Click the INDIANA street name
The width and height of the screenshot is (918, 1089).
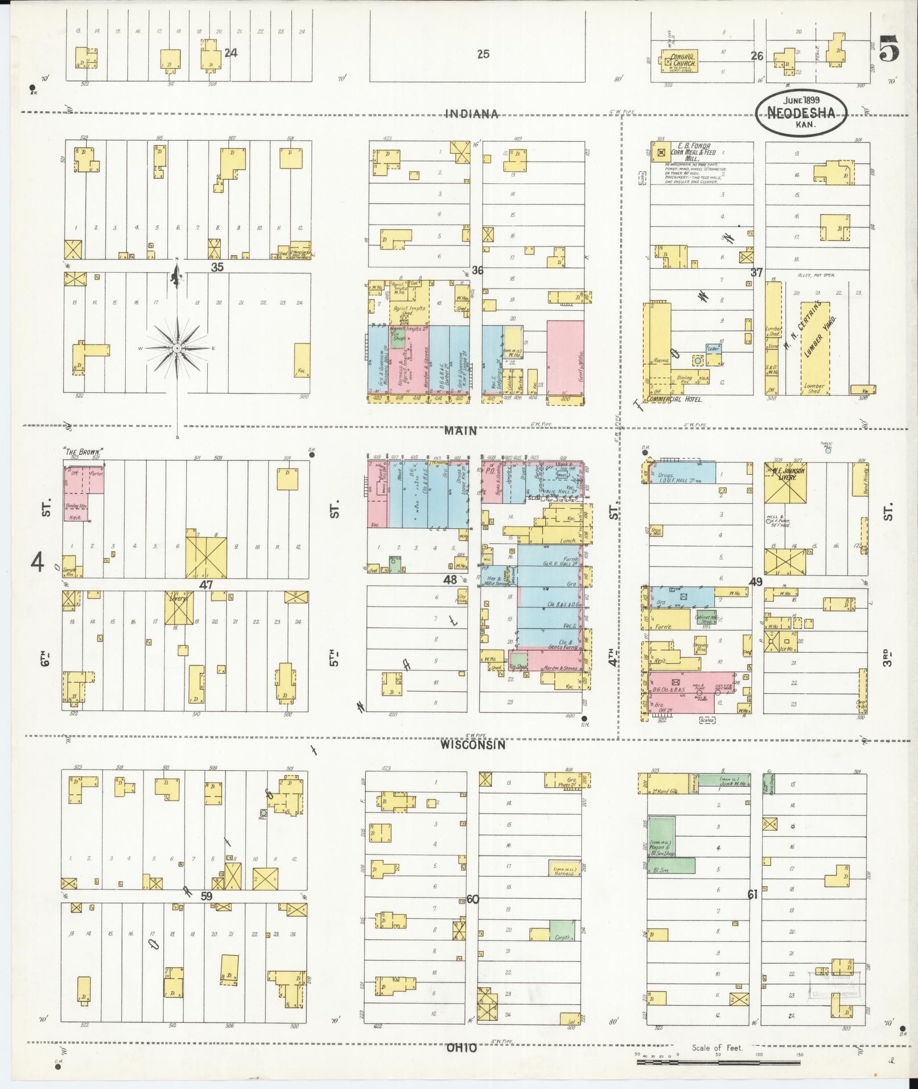[471, 114]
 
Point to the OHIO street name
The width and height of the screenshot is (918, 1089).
[461, 1047]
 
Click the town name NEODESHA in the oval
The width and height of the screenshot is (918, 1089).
[801, 113]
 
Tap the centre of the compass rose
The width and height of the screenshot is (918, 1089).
[178, 348]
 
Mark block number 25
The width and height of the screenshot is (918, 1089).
[483, 55]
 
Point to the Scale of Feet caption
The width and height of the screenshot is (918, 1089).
[717, 1047]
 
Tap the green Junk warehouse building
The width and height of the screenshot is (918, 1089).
[723, 780]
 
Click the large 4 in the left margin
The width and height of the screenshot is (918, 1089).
[38, 563]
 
